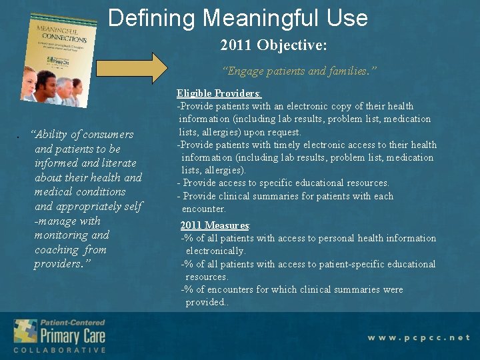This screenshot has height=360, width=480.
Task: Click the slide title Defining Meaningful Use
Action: (238, 17)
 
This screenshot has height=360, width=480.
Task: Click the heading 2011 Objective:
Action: (274, 46)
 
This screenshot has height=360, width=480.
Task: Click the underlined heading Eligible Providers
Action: (219, 93)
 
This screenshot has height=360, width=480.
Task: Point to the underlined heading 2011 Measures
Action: (215, 225)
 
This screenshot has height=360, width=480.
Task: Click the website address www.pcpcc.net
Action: (419, 337)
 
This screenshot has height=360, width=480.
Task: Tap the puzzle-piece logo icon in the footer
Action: (25, 332)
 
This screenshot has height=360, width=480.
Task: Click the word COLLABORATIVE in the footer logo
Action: (60, 350)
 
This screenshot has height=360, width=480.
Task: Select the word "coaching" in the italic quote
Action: (57, 250)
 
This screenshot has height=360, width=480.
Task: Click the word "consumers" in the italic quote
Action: (104, 135)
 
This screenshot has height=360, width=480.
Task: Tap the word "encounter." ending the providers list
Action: (203, 209)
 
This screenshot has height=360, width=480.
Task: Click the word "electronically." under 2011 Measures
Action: (215, 251)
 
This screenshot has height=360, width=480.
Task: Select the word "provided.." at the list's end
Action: (207, 302)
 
